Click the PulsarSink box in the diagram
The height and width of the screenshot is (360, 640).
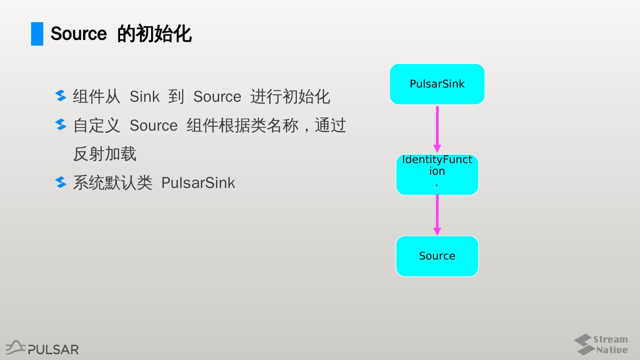tap(437, 84)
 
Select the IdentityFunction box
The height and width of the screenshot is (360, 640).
tap(437, 174)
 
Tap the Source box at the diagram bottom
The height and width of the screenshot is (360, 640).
tap(437, 256)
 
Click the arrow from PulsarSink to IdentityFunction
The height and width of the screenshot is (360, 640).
tap(437, 129)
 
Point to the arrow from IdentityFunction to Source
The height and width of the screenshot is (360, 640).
tap(437, 215)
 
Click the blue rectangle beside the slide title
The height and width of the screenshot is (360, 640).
tap(37, 34)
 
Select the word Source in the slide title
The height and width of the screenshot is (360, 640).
tap(79, 34)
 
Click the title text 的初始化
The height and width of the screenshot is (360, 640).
tap(154, 34)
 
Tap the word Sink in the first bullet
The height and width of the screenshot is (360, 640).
tap(144, 97)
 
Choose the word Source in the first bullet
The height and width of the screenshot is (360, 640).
tap(217, 97)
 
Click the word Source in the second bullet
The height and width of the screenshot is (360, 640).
tap(153, 126)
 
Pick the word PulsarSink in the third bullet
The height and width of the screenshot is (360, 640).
tap(198, 183)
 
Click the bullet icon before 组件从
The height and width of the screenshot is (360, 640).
tap(61, 96)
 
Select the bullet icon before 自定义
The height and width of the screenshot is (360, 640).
tap(61, 125)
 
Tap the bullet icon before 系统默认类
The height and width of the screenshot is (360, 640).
tap(61, 182)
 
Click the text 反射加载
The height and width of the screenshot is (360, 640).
tap(104, 154)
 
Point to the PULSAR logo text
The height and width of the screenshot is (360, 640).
tap(53, 349)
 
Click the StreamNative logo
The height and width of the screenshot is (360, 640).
tap(600, 344)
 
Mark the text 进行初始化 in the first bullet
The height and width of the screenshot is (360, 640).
tap(290, 97)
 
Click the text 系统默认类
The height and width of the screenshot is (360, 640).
tap(112, 183)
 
